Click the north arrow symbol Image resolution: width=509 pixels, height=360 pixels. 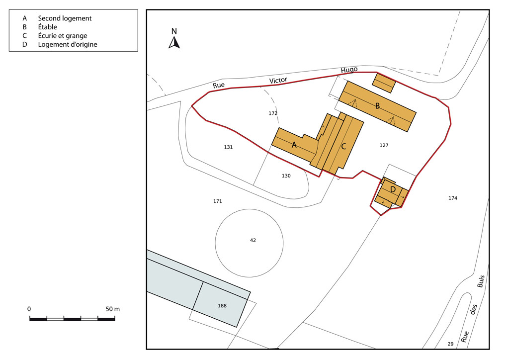point(174,43)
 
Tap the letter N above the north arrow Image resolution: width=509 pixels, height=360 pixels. point(174,31)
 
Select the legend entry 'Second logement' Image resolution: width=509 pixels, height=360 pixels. point(65,18)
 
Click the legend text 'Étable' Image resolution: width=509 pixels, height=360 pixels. point(47,27)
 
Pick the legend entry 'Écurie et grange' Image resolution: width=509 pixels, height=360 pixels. point(63,36)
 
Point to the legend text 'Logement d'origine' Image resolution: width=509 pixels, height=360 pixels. point(68,44)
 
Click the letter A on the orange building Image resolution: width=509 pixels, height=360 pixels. point(294,145)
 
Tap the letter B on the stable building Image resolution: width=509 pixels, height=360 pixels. point(378,106)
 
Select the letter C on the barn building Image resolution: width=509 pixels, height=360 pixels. point(343,147)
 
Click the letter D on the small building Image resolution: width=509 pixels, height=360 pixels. point(393,189)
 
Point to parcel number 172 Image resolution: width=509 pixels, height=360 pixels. point(273,113)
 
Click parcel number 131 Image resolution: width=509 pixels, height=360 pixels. point(228,147)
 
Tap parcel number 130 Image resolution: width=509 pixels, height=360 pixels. point(286,176)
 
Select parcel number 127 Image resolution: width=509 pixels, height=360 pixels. point(384,145)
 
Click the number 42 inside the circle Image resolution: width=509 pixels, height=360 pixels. point(253,240)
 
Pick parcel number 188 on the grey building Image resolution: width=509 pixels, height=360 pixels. point(222,305)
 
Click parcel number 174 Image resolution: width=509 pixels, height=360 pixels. point(453,198)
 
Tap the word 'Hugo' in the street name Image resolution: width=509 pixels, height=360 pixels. point(349,70)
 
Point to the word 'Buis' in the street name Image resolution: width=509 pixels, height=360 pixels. point(481,281)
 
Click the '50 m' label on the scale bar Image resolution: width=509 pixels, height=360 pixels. point(113,309)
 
